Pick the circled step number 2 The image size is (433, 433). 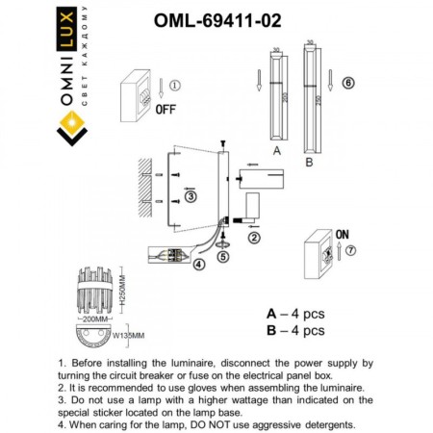[254, 235]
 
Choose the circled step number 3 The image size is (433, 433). [191, 198]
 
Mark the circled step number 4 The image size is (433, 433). [197, 263]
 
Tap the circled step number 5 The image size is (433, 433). [223, 257]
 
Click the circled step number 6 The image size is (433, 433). [349, 83]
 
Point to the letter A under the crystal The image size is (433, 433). [276, 152]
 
